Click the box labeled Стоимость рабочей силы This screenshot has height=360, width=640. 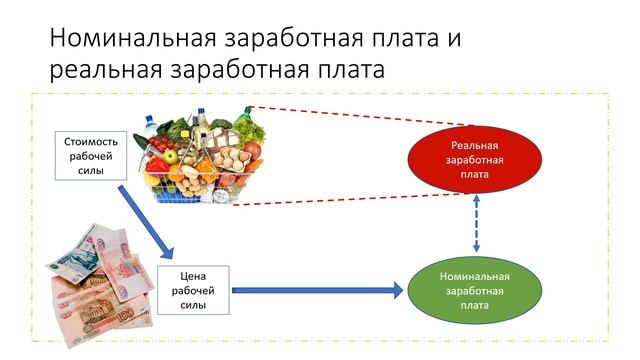(x=92, y=155)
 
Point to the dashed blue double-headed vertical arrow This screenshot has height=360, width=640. (x=475, y=225)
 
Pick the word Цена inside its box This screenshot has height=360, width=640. (x=193, y=275)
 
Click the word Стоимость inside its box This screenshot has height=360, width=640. (x=92, y=141)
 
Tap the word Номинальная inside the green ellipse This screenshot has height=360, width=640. (x=475, y=276)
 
